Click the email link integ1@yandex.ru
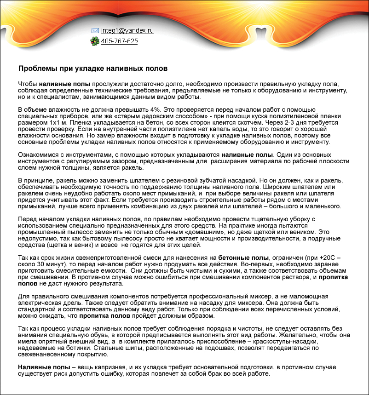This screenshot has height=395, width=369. point(127,30)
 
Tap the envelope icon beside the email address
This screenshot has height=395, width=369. point(95,30)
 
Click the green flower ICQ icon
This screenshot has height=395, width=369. point(95,41)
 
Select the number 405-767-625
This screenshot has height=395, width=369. point(119,41)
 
